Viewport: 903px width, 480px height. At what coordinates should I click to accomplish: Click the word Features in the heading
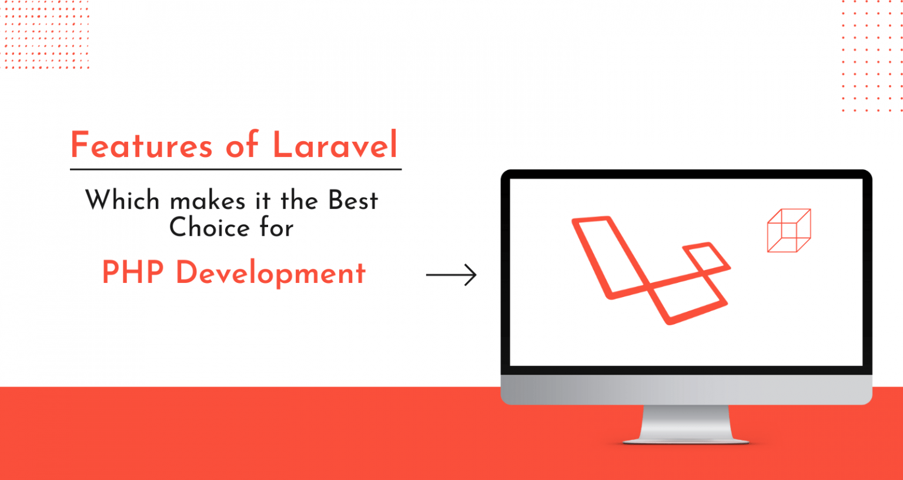point(142,145)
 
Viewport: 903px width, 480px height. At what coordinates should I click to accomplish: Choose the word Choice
point(210,227)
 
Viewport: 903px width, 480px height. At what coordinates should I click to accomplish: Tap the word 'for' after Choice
point(276,226)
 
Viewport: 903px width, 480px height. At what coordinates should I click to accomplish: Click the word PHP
point(133,272)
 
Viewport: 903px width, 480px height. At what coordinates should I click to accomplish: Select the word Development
point(270,274)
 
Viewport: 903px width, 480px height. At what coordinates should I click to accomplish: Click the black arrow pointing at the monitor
point(451,275)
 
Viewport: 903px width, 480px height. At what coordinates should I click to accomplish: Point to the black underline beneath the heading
point(236,169)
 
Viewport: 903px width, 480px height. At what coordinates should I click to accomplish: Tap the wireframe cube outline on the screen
point(789,231)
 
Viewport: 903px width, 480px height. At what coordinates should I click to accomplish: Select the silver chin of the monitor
point(686,389)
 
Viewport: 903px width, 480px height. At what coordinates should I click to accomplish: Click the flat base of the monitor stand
point(685,441)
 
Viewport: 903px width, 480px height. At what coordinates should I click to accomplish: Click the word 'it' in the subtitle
point(263,200)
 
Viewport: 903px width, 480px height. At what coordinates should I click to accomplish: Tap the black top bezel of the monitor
point(686,174)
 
